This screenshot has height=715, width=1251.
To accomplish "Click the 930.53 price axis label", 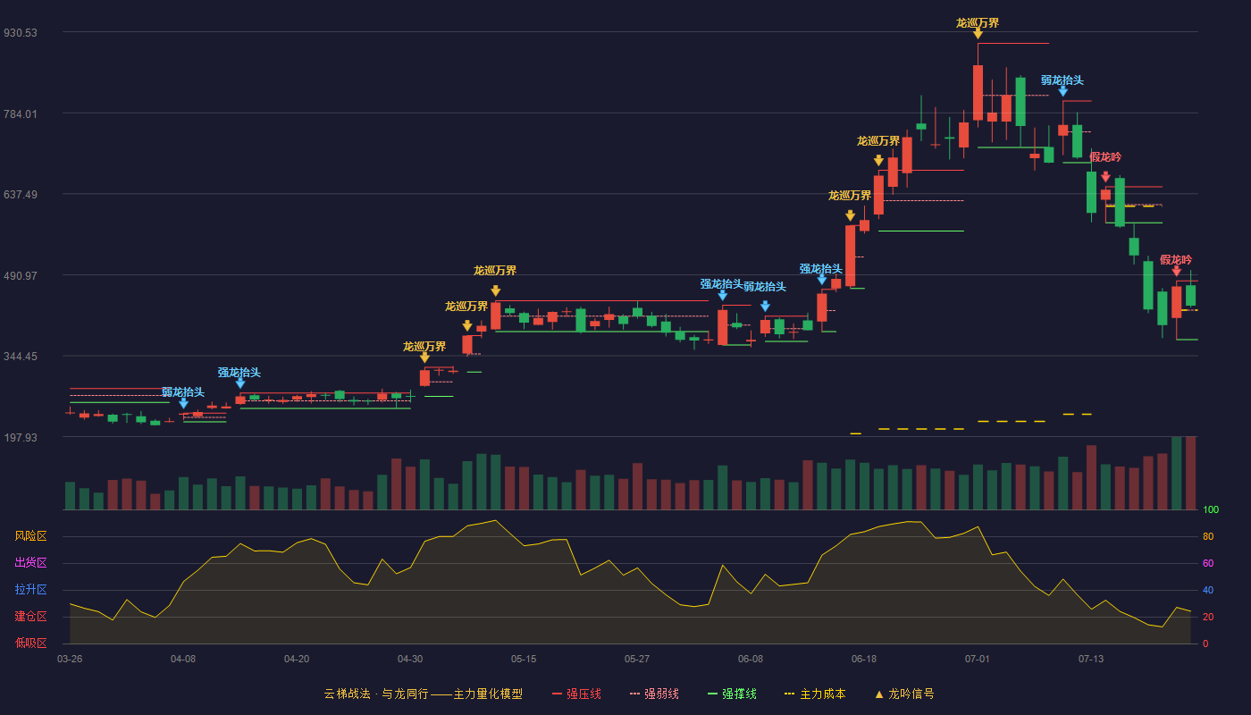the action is pos(21,33).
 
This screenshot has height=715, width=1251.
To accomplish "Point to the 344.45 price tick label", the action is pos(21,357).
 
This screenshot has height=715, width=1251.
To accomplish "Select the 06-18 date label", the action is pos(864,660).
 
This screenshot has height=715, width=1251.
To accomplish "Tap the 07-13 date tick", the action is pos(1091,660).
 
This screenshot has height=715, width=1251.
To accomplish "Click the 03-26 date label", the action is pos(70,660).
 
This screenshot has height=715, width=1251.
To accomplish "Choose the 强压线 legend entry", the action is pos(576,694).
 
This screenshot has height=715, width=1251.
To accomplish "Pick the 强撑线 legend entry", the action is pos(732,694).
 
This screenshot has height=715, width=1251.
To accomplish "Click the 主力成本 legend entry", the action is pos(815,694).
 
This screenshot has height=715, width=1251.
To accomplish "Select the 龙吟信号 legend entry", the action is pos(904,694).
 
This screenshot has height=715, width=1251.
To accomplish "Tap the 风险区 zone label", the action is pos(30,535).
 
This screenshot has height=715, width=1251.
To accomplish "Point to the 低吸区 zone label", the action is pos(30,643).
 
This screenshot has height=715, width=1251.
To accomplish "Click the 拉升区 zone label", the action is pos(30,589).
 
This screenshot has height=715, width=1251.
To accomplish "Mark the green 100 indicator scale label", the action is pos(1211,509).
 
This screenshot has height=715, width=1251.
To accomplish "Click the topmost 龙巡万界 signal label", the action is pos(978,23).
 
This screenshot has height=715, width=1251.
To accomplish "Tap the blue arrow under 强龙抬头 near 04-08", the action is pos(240,383).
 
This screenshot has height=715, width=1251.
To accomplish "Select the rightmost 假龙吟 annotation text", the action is pos(1176,260).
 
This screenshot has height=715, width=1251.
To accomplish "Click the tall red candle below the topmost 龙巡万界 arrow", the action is pos(978,93).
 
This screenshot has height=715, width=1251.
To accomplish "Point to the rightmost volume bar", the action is pos(1190,473).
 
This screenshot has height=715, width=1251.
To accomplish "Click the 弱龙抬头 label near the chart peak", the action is pos(1062,80).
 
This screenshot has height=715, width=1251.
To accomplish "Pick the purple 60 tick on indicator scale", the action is pos(1208,563).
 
